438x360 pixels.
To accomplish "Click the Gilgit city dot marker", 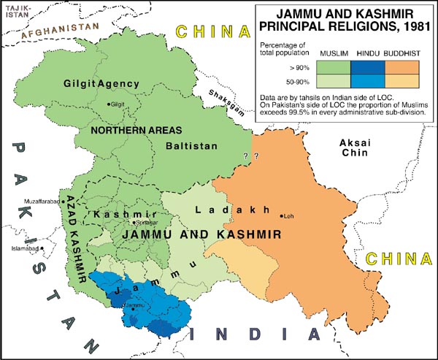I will tap(109, 104).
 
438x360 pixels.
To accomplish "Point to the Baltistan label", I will tap(191, 146).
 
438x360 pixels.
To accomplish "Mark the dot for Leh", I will tap(281, 215).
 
